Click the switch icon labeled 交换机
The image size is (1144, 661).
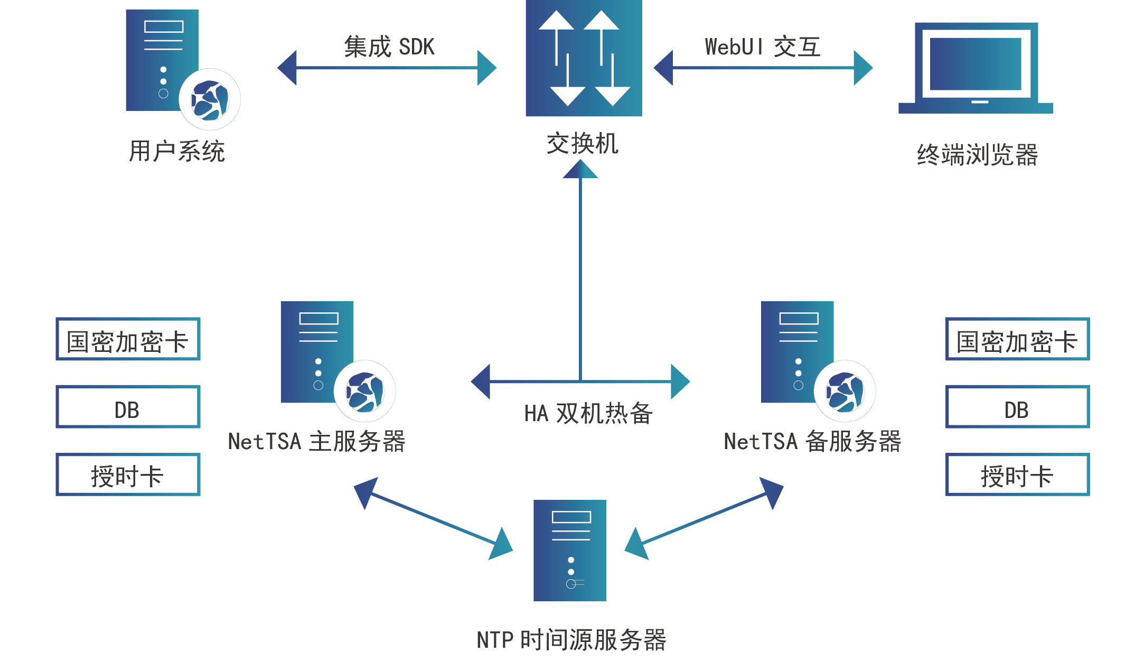pos(584,58)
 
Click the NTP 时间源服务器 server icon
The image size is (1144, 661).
pos(570,551)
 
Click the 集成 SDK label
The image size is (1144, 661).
pos(389,46)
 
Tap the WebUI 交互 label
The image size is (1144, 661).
pos(763,46)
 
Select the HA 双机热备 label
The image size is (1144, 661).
pos(588,413)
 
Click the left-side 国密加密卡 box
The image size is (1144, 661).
pos(128,339)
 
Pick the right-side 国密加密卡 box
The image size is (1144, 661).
pos(1017,339)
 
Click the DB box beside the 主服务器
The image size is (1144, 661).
pos(128,407)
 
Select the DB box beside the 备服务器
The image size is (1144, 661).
pos(1017,407)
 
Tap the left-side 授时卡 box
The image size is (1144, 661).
pos(128,474)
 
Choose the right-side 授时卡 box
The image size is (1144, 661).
pos(1017,474)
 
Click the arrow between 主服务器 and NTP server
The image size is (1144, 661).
pos(433,518)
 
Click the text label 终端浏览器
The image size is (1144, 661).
pos(977,155)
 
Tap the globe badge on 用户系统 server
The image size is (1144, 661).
pos(210,99)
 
